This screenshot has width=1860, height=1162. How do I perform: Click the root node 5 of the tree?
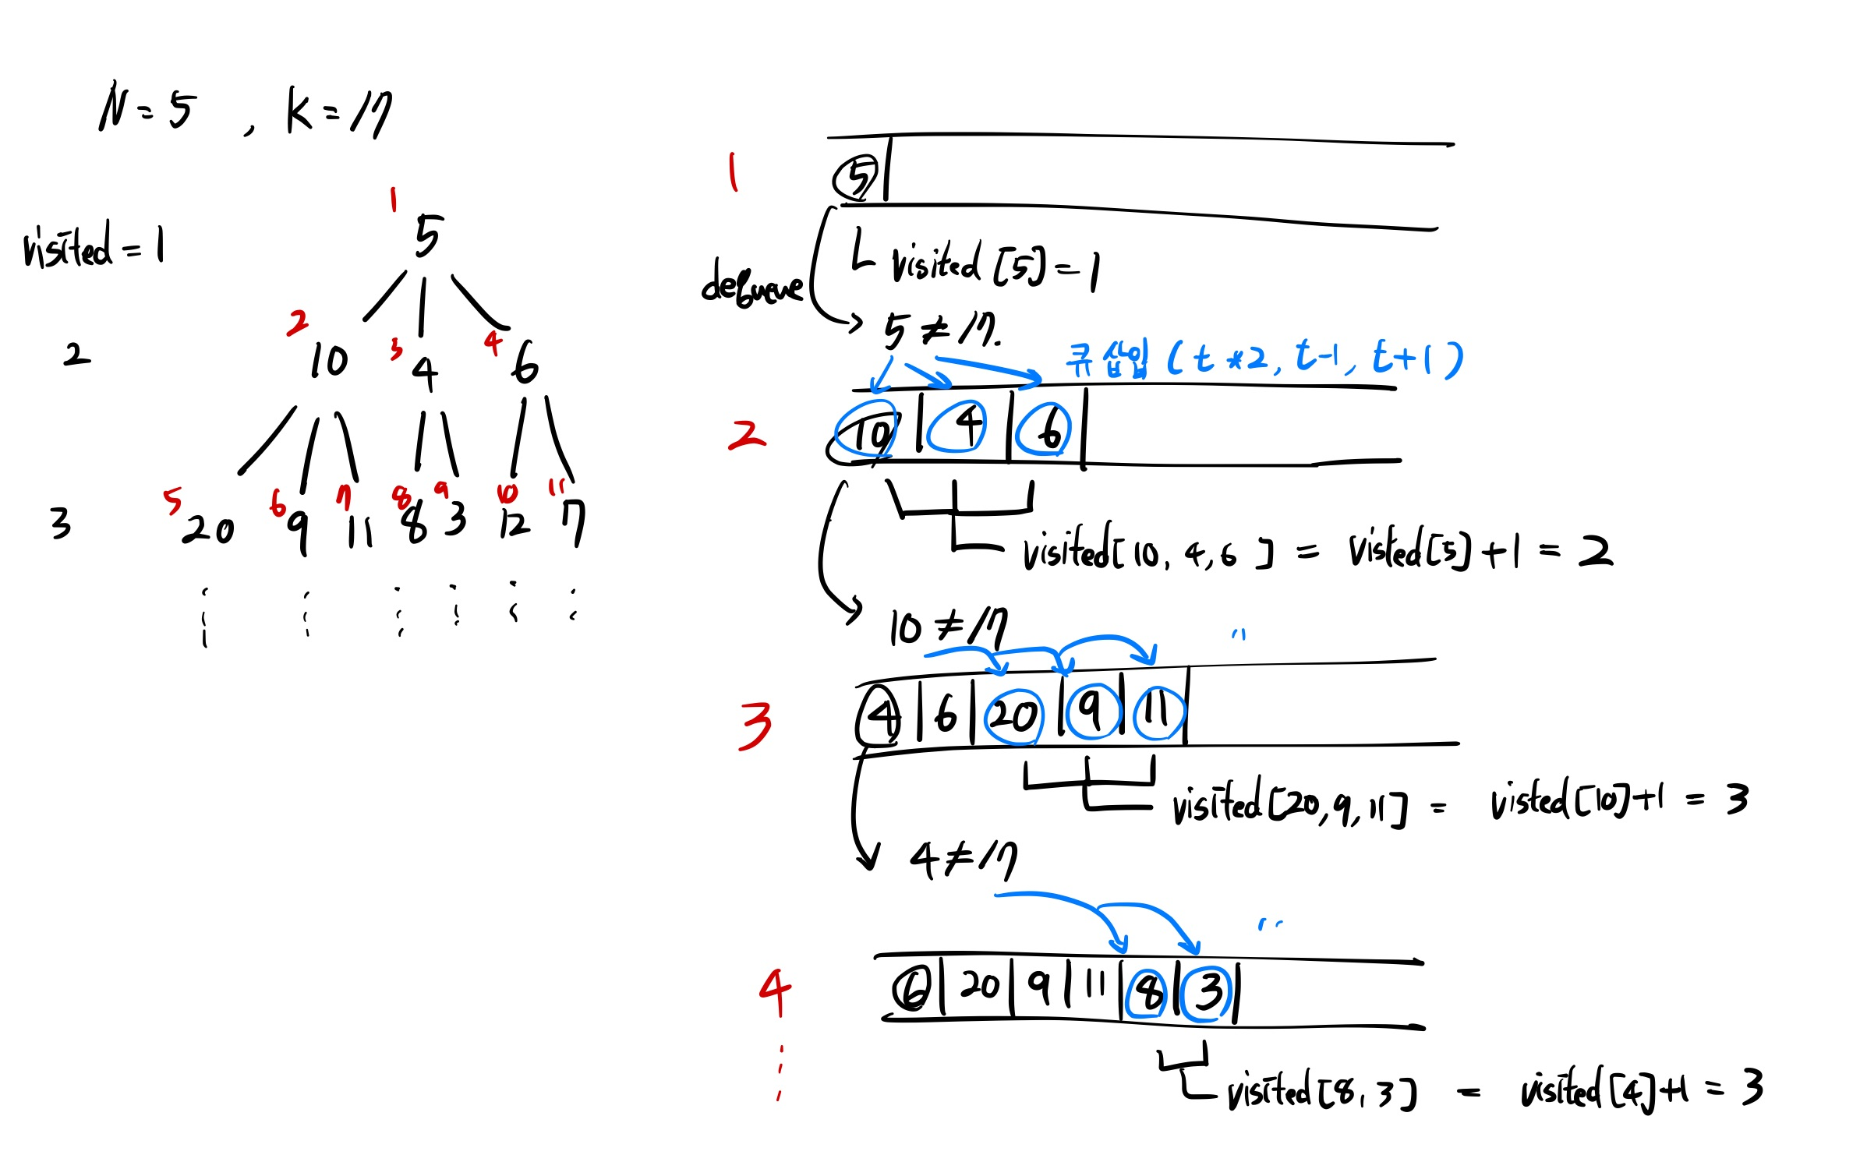pos(428,235)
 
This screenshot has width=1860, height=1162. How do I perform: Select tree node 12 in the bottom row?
pos(515,523)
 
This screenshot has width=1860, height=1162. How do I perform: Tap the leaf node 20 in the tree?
pos(208,530)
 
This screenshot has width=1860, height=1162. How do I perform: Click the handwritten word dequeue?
pos(751,284)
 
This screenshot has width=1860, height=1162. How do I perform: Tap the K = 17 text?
pos(339,111)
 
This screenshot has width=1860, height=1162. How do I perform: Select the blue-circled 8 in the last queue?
pos(1147,993)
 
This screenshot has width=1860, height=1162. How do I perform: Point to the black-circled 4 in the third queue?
pos(879,715)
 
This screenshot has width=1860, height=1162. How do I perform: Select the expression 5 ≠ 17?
pos(941,330)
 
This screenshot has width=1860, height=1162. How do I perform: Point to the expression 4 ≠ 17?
pos(964,860)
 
